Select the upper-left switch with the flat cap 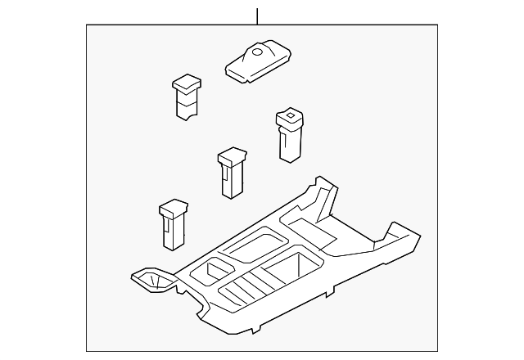[187, 100]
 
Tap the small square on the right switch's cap [287, 119]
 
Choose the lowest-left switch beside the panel [174, 223]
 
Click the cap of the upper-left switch [187, 83]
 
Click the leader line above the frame [257, 15]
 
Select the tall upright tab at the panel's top [323, 197]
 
